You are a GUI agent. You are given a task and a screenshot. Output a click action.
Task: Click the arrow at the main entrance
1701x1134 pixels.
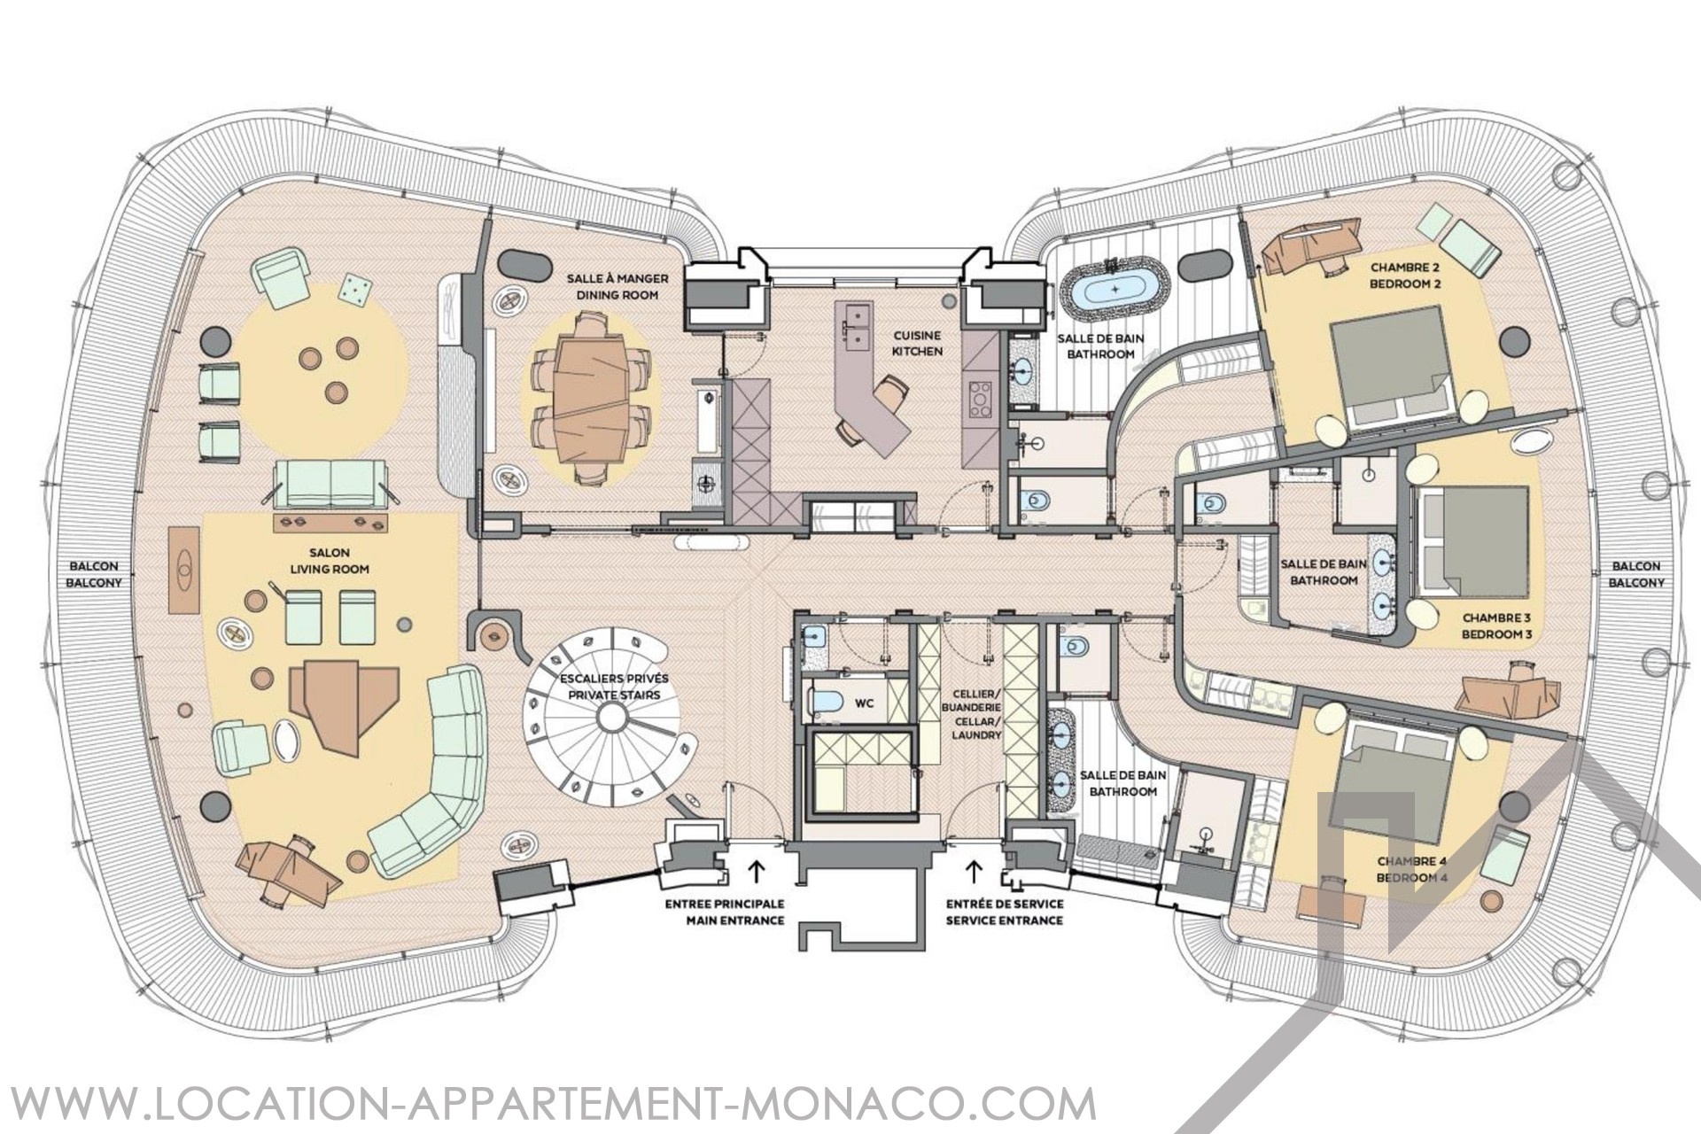(757, 874)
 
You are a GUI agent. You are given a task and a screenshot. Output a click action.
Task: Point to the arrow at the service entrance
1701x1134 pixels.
(974, 874)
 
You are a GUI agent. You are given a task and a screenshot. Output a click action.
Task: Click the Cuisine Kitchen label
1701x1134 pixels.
(916, 344)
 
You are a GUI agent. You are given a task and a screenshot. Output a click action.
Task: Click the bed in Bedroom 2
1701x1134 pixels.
(1390, 373)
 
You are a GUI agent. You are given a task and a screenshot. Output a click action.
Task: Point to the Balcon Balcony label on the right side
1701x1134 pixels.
(1636, 574)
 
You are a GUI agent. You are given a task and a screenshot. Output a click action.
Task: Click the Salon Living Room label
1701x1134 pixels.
(329, 561)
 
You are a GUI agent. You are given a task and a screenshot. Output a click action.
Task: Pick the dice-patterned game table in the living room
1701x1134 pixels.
(356, 291)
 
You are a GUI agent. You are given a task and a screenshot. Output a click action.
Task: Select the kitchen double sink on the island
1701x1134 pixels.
(857, 324)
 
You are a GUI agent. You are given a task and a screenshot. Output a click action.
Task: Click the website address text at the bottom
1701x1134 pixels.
(548, 1106)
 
